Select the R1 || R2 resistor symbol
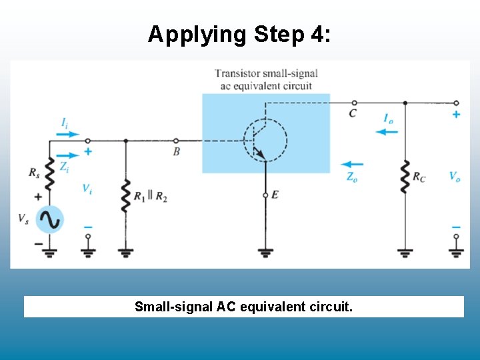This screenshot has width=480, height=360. [x=126, y=195]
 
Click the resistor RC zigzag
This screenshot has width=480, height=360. [x=405, y=176]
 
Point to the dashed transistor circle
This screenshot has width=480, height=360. [x=265, y=141]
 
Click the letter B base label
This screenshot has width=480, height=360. [x=176, y=152]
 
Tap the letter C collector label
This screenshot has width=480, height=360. [x=353, y=113]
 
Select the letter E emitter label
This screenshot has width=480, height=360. [x=275, y=194]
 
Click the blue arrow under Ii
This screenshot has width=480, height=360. [x=67, y=133]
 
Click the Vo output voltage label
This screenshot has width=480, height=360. [x=454, y=177]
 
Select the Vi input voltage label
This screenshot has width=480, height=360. [x=87, y=189]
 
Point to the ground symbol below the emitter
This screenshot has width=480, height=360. [x=265, y=252]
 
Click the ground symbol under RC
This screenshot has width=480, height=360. [x=405, y=252]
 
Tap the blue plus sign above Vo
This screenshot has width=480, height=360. [x=456, y=114]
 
